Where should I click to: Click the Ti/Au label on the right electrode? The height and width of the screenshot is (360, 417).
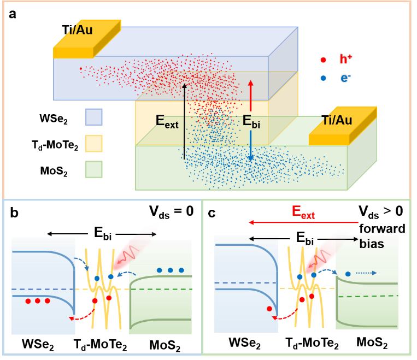337,120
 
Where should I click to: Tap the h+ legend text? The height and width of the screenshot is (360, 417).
346,60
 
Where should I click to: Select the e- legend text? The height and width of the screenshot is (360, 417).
345,78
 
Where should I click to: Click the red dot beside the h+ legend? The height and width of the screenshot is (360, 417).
323,60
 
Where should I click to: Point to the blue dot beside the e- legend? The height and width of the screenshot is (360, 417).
323,78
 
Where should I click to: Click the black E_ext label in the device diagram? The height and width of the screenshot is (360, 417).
167,121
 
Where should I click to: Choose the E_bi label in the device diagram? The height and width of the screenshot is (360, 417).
251,121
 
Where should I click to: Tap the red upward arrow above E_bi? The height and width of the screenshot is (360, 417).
251,96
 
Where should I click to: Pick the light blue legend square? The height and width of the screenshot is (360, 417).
94,117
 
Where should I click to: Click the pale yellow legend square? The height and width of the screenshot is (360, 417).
94,143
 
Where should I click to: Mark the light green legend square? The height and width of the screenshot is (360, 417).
94,169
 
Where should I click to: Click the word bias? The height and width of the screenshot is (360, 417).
372,244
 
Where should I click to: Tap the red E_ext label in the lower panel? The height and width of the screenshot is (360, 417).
303,212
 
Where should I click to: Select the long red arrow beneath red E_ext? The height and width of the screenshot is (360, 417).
303,222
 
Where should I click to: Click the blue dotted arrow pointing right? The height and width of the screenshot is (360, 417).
366,273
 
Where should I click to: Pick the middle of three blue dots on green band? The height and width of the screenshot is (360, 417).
170,270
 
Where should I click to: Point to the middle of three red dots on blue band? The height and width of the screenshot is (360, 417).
38,301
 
